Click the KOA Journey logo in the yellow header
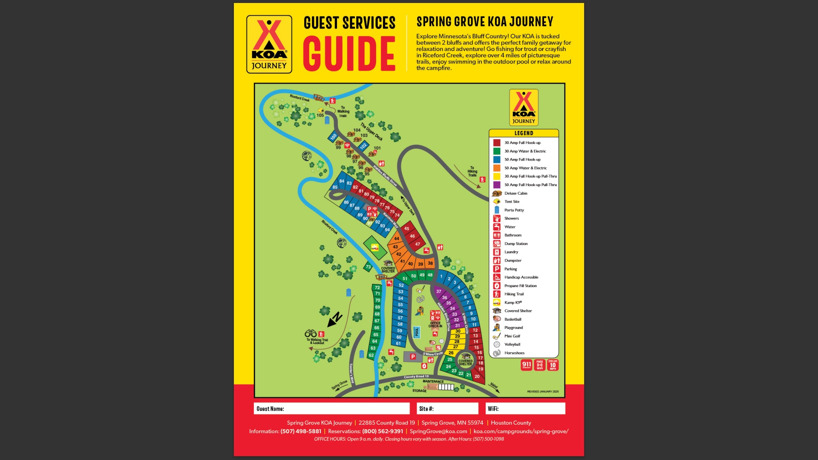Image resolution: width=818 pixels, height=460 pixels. pos(269,44)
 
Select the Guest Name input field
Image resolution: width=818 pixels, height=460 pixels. pos(331,408)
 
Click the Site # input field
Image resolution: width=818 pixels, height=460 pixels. pos(447,408)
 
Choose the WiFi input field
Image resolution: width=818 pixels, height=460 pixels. pos(525,408)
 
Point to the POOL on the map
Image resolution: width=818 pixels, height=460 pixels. pos(417,332)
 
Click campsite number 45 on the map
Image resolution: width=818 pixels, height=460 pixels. pos(406,229)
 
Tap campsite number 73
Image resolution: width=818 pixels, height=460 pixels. pos(368,267)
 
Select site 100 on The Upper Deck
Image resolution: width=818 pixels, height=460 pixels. pos(333,137)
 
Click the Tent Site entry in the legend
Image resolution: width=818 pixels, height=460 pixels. pos(512,201)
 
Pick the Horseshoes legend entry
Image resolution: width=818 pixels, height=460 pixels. pos(514,353)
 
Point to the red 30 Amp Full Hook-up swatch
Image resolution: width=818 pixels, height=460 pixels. pos(497,143)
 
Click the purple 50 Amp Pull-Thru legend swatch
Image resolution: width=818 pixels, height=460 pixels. pos(497,185)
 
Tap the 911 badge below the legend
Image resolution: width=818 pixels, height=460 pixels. pos(527,365)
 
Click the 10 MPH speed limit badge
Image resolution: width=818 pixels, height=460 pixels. pos(553,365)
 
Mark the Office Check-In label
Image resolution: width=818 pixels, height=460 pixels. pos(435,325)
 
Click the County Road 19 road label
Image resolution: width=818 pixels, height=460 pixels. pos(416,377)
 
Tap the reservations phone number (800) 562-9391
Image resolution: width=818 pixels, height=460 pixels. pos(382,431)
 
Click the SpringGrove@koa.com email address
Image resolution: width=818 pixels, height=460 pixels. pos(438,431)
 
